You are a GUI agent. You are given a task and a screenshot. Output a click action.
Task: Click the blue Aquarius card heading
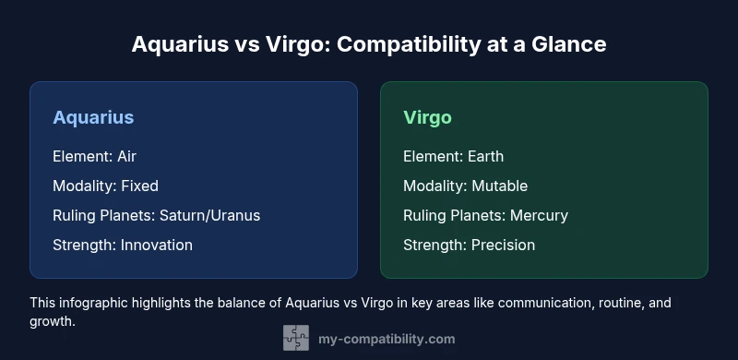pos(93,117)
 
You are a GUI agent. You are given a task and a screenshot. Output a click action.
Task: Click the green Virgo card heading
pos(427,117)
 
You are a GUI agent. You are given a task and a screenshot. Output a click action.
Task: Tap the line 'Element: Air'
pos(94,156)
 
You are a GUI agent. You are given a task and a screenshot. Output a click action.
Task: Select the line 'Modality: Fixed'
pos(105,186)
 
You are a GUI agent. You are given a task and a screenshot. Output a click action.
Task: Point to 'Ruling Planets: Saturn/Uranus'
pos(156,215)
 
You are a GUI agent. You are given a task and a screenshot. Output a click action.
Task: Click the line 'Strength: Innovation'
pos(123,245)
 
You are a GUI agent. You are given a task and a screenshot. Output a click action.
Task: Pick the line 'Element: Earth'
pos(453,156)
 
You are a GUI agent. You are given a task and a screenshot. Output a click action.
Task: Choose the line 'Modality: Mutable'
pos(465,186)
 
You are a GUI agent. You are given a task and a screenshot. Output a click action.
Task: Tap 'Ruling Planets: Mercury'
pos(485,215)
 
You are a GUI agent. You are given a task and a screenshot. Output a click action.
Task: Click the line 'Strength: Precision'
pos(469,245)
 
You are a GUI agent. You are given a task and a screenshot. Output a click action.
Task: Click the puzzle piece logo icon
pos(295,338)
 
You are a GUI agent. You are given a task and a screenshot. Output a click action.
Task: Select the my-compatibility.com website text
pos(386,339)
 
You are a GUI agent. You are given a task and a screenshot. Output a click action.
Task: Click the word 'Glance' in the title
pos(571,43)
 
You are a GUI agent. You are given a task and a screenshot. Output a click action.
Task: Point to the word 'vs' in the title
pos(233,43)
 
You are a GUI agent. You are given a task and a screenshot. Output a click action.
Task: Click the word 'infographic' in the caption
pos(94,302)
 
